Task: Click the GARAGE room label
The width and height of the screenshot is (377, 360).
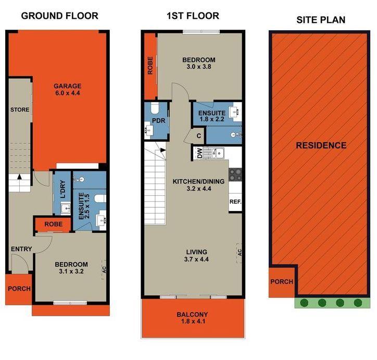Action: (x=67, y=86)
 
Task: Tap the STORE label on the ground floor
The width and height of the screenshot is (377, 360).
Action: (x=20, y=109)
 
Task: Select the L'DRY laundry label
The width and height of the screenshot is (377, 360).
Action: (x=63, y=189)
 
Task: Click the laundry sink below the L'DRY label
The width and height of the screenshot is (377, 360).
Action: (x=66, y=208)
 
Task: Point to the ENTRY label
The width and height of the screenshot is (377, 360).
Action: (x=21, y=249)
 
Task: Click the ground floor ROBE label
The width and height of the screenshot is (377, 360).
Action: (x=54, y=224)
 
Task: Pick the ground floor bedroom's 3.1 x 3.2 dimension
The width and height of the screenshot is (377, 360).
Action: (x=71, y=271)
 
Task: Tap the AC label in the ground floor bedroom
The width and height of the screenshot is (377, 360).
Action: (x=104, y=269)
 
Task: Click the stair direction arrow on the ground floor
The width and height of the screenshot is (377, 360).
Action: (x=19, y=177)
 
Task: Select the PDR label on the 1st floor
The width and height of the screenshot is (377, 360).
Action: (x=159, y=120)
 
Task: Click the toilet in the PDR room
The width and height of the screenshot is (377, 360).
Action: (x=155, y=108)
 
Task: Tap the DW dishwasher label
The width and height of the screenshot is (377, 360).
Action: (x=199, y=153)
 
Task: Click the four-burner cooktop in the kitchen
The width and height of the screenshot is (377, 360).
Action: (x=235, y=175)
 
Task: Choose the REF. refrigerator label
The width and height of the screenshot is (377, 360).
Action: (x=235, y=202)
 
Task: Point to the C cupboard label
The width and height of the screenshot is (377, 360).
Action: (x=198, y=136)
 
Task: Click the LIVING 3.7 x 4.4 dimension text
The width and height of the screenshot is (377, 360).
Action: (x=196, y=259)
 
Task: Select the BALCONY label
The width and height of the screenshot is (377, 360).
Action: (x=192, y=314)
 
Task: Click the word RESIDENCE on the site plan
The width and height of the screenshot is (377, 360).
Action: (x=321, y=145)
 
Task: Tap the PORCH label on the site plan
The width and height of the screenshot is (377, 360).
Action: (x=282, y=282)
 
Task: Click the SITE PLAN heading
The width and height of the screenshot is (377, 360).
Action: (x=321, y=20)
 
